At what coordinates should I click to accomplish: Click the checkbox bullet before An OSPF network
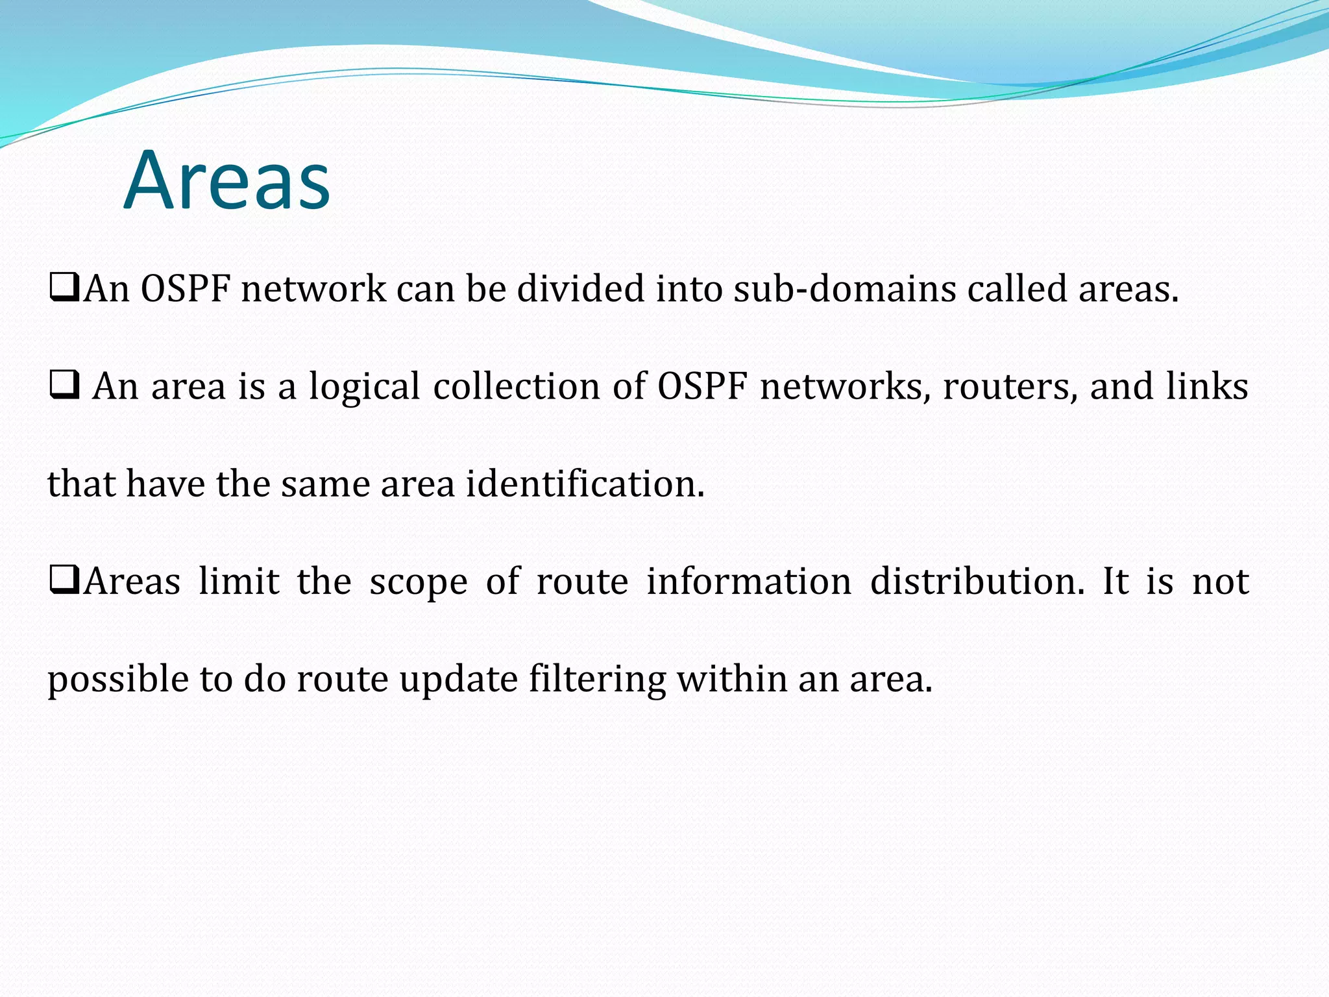point(64,288)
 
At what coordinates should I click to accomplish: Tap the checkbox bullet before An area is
point(64,386)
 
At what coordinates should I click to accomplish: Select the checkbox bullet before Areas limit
point(64,580)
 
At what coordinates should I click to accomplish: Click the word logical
point(364,387)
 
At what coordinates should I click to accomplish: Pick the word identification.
point(585,484)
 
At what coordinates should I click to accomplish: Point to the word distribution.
point(977,580)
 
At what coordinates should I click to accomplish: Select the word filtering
point(597,680)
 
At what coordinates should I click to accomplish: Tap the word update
point(458,680)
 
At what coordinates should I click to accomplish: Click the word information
point(749,580)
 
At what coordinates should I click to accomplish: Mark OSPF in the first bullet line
point(186,288)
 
